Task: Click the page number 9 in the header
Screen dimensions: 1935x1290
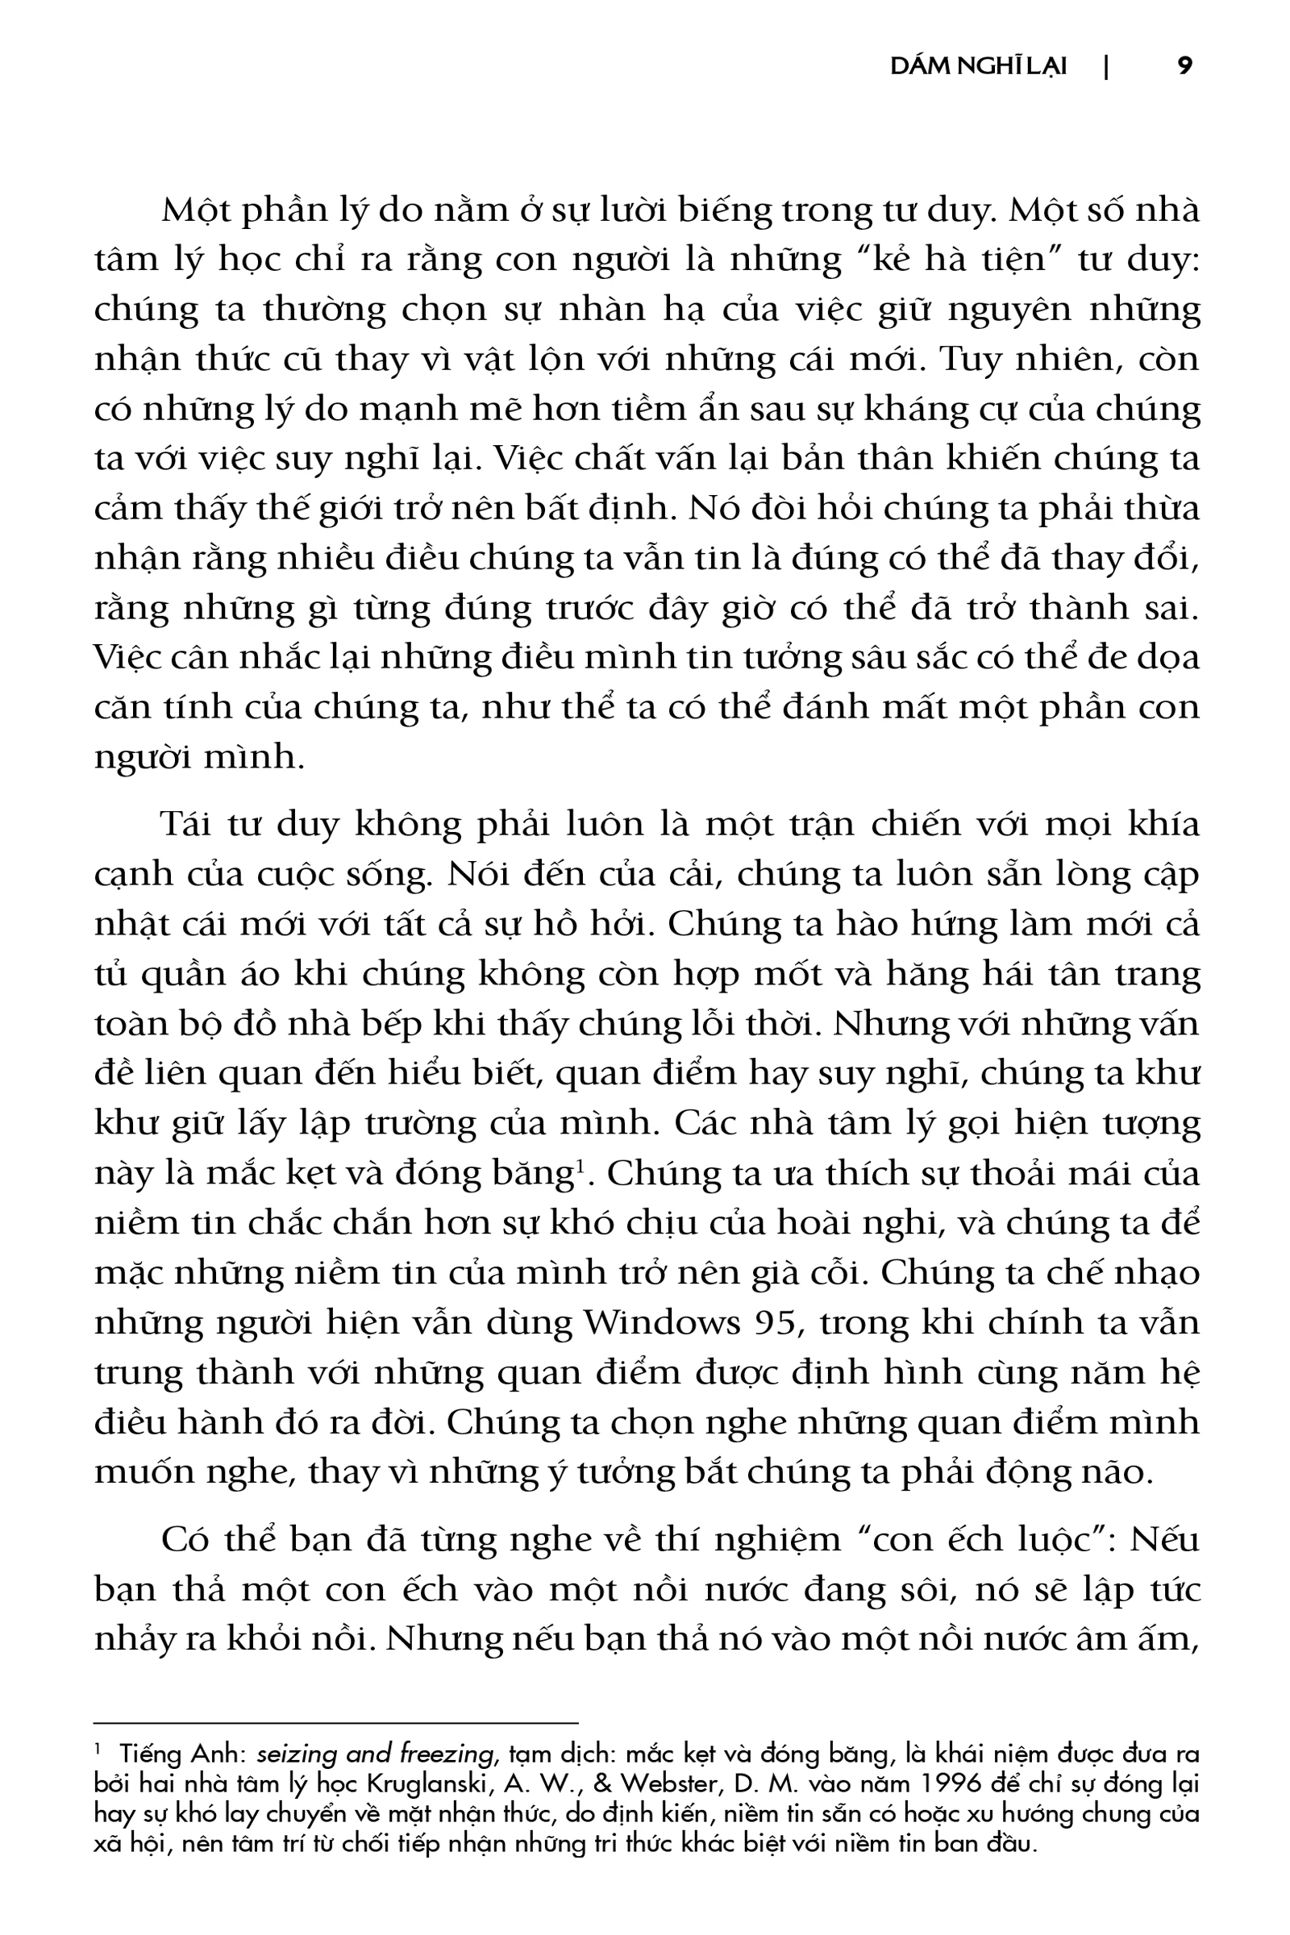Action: click(x=1184, y=66)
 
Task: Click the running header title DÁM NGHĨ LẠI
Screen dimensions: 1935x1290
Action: click(x=978, y=67)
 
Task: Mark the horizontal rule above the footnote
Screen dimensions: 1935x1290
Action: click(x=336, y=1722)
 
